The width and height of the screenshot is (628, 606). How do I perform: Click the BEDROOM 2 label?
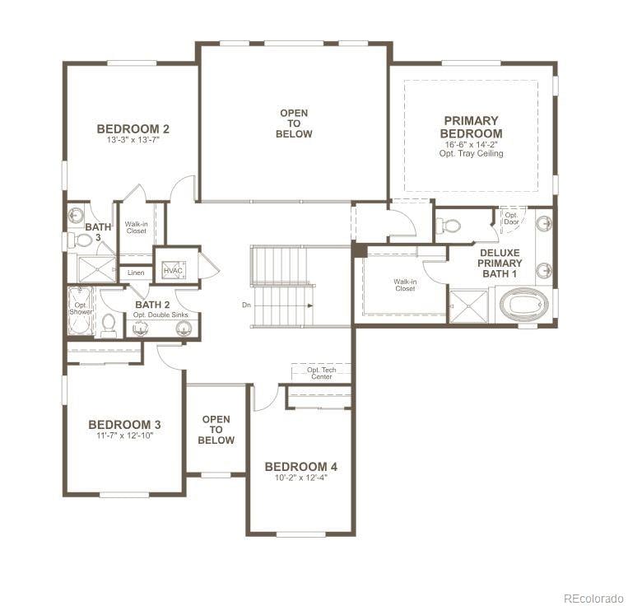click(133, 128)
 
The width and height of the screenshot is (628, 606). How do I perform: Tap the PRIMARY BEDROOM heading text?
click(471, 127)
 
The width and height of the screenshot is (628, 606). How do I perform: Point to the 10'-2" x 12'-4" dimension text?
click(300, 478)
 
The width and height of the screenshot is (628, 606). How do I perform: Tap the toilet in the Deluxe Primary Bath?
click(449, 224)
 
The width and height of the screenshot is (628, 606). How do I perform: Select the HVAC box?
click(173, 271)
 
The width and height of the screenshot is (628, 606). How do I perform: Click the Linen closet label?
click(135, 272)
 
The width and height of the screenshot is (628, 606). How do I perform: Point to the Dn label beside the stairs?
click(246, 305)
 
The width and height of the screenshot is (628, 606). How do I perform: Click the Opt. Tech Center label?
click(321, 373)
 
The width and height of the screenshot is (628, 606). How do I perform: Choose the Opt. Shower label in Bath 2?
click(81, 308)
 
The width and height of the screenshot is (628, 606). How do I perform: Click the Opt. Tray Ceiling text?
click(471, 154)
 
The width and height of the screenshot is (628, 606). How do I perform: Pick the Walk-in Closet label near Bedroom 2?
click(136, 227)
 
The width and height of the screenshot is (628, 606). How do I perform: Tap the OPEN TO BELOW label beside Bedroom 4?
click(216, 430)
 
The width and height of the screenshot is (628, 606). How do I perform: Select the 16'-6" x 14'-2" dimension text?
click(471, 144)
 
